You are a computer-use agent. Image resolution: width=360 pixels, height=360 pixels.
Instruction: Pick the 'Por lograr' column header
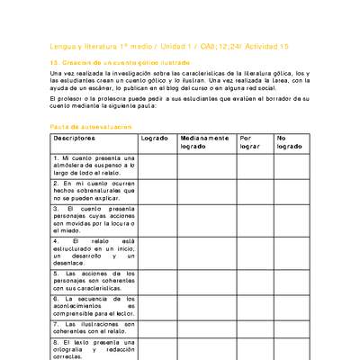coord(252,143)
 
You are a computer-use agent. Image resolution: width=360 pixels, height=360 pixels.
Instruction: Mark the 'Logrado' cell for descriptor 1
coord(157,166)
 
